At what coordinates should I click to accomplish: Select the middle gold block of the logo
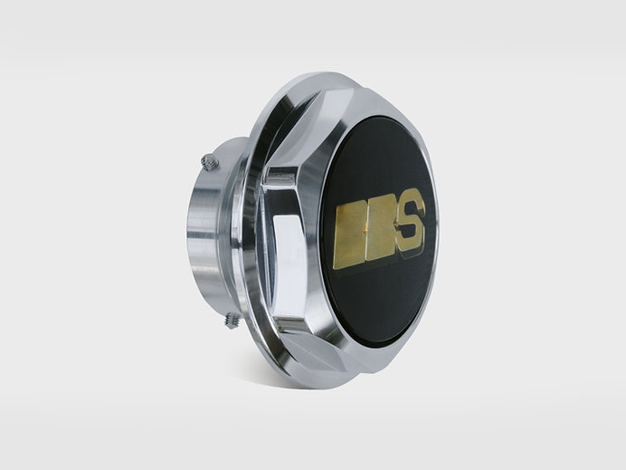(x=380, y=231)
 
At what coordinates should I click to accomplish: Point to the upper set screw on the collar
(x=210, y=162)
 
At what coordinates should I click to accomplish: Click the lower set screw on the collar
(x=232, y=321)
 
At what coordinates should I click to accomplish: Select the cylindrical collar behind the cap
(x=212, y=232)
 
